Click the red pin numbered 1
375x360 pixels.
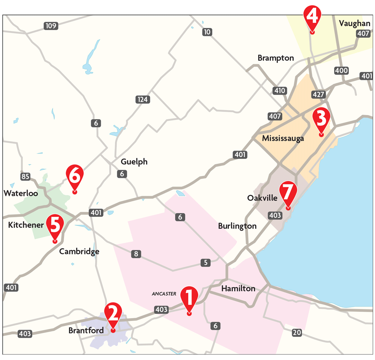tap(189, 298)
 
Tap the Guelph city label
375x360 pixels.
tap(134, 162)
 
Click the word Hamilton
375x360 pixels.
tap(238, 288)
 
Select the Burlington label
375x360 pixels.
tap(237, 226)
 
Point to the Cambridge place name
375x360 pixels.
tap(79, 251)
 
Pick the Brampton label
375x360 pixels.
tap(276, 58)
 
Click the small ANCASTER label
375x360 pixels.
tap(164, 294)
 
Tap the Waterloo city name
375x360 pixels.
tap(21, 193)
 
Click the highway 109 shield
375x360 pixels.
tap(50, 26)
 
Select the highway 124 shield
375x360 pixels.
tap(142, 100)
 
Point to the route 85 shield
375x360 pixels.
tap(25, 176)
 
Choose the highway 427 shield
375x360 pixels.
tap(319, 94)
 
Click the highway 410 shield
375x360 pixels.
tap(280, 91)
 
